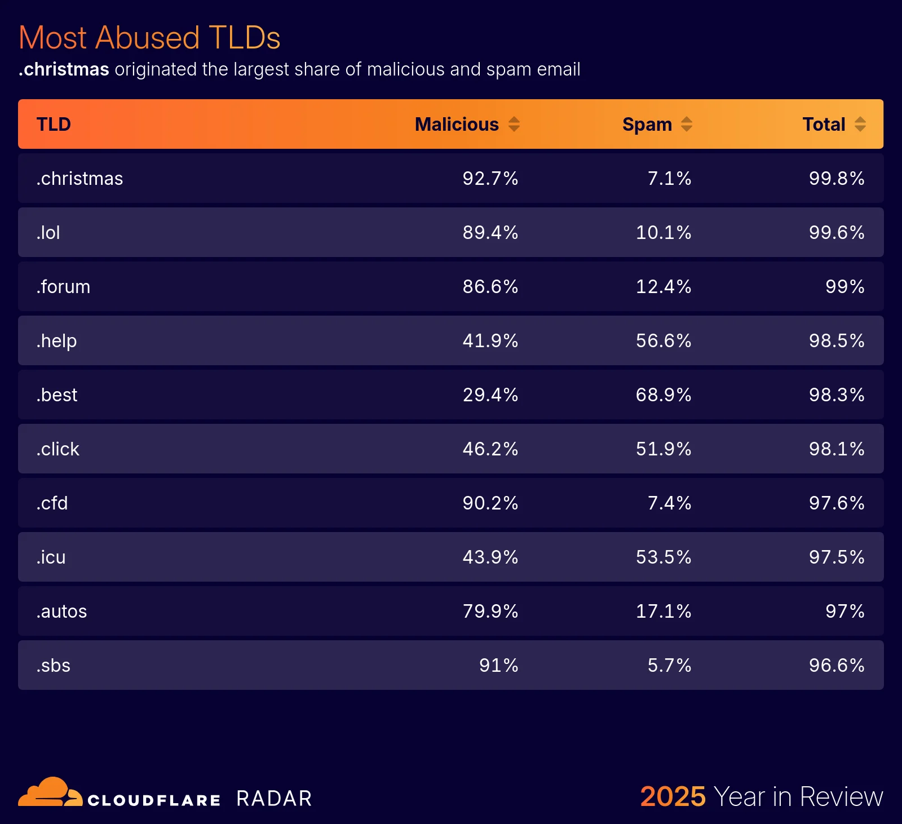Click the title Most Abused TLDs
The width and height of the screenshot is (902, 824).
[149, 38]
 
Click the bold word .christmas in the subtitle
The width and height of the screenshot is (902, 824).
[64, 69]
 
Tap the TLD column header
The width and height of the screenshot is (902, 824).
[54, 124]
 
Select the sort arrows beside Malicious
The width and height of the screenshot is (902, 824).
[514, 124]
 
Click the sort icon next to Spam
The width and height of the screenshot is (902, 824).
[686, 124]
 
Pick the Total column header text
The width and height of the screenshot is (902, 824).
[824, 124]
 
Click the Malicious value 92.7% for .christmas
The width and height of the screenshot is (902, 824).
[490, 179]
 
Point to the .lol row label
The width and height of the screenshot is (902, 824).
[48, 233]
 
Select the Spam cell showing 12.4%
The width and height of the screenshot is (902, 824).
[663, 287]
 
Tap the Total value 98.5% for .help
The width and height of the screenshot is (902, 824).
[836, 341]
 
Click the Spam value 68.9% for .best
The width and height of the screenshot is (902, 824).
[663, 395]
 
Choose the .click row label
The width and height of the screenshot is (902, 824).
[58, 449]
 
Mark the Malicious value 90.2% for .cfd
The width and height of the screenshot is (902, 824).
[490, 503]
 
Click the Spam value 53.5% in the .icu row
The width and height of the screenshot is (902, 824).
[663, 557]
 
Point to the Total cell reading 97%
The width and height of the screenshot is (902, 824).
[844, 612]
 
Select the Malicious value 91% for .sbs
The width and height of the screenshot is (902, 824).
[498, 666]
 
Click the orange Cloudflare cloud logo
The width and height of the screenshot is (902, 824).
[50, 792]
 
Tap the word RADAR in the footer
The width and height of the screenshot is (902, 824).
[274, 799]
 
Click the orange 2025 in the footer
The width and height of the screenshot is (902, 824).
[673, 797]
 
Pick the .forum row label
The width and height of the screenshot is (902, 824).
[63, 287]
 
